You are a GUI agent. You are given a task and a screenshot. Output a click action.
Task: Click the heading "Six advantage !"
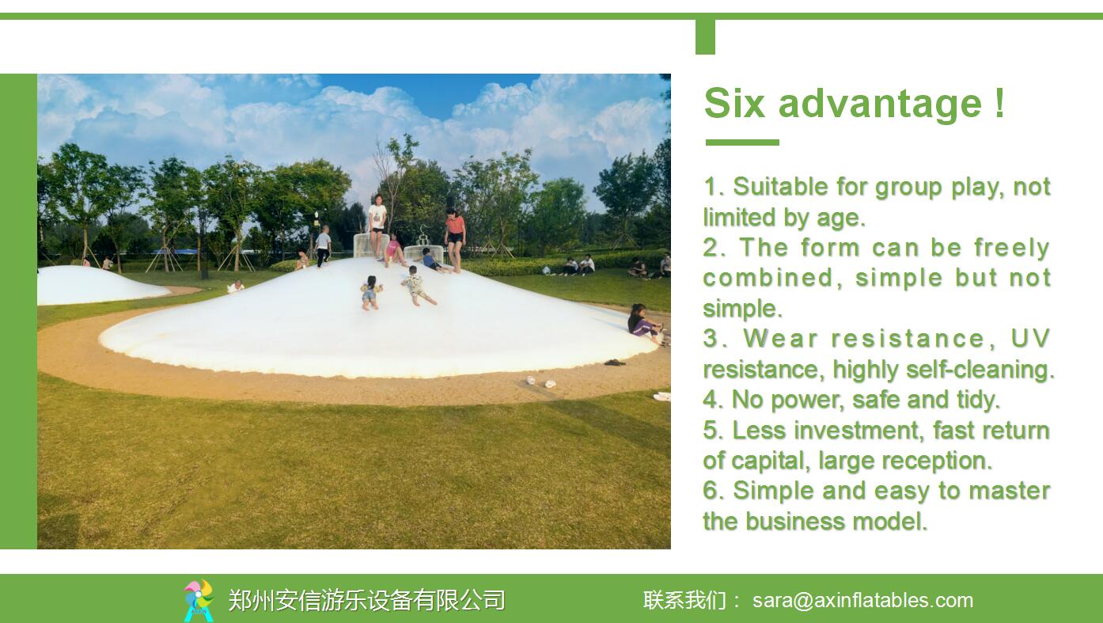[855, 103]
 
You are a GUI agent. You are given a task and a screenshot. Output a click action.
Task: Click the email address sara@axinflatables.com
[862, 600]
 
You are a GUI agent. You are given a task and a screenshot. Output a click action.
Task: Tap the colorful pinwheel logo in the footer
[199, 600]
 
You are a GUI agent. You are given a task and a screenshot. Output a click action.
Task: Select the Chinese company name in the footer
[367, 600]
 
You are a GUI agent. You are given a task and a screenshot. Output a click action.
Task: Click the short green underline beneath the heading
[742, 142]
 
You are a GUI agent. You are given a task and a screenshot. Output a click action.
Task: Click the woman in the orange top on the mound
[455, 240]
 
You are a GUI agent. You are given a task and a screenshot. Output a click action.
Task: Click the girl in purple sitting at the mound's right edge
[644, 322]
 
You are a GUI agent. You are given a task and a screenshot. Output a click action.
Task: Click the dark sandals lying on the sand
[615, 363]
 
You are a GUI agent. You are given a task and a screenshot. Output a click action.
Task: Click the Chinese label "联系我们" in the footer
[684, 600]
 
